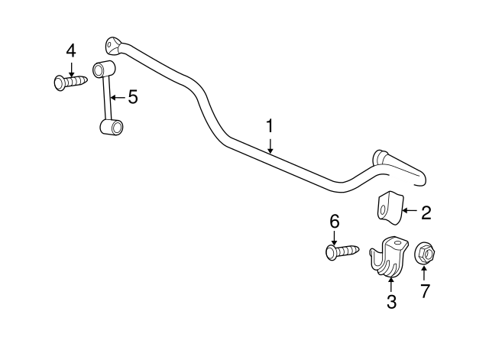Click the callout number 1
tap(270, 126)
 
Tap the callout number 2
tap(426, 213)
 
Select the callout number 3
tap(391, 302)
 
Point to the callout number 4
tap(71, 51)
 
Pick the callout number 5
tap(133, 97)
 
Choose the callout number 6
tap(335, 222)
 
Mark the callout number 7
tap(425, 290)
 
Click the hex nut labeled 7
tap(425, 252)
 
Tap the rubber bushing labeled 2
tap(390, 208)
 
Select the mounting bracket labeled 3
tap(388, 256)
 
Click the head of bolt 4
tap(60, 83)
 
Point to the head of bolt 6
tap(331, 253)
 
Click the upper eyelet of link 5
tap(104, 69)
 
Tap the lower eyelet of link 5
tap(112, 127)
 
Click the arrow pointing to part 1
tap(270, 146)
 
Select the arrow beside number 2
tap(410, 210)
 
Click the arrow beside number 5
tap(118, 98)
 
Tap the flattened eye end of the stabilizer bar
tap(112, 46)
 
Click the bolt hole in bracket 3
tap(397, 242)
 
